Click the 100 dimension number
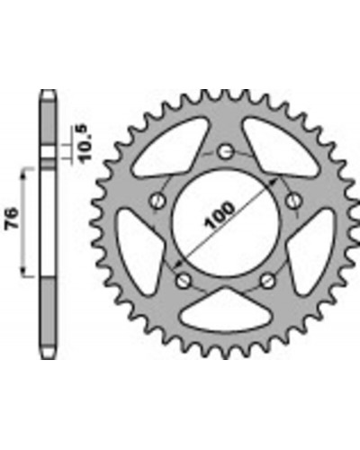[220, 215]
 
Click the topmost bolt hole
[225, 151]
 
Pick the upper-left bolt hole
[157, 200]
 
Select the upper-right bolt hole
[293, 201]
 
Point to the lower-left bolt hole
[183, 280]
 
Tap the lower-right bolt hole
[267, 280]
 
